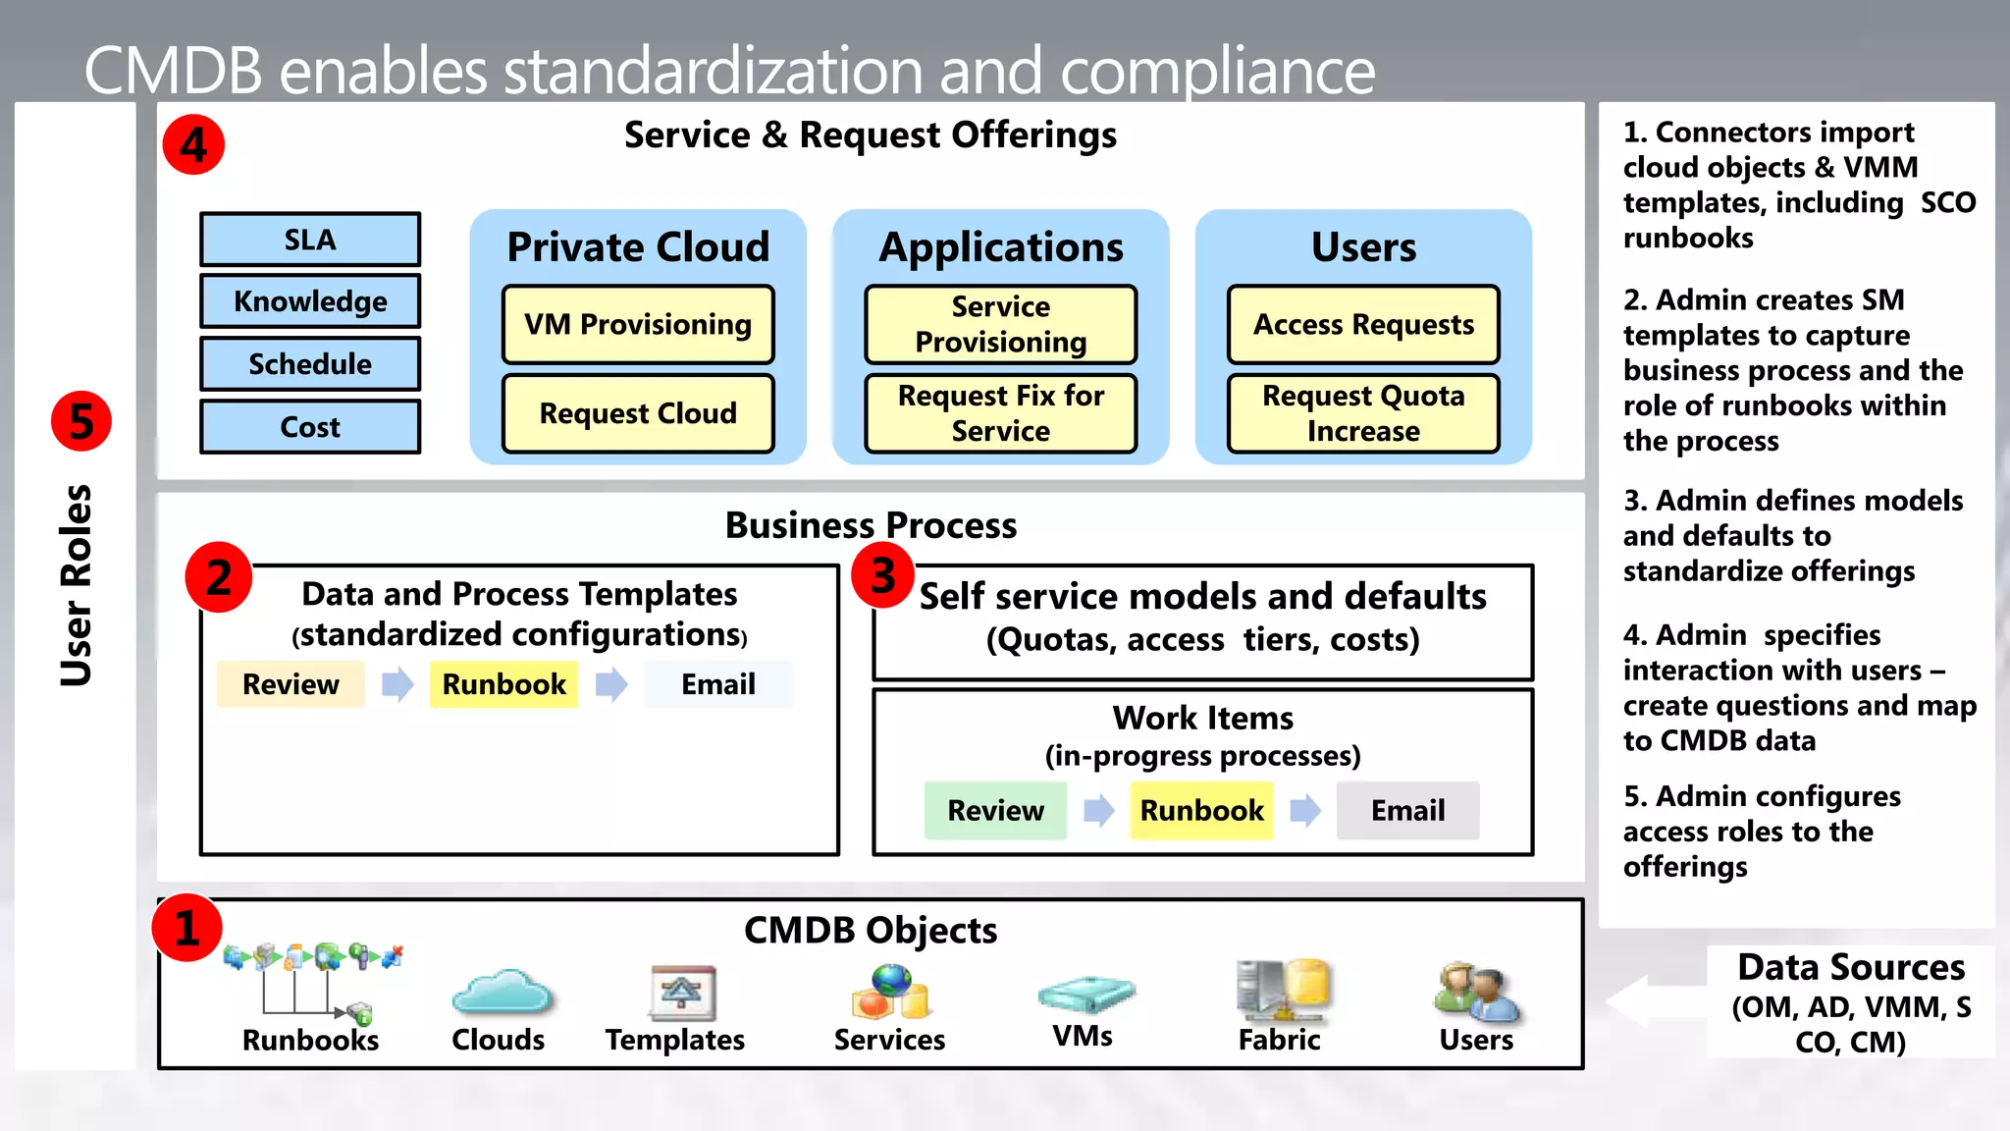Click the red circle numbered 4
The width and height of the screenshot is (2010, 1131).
193,145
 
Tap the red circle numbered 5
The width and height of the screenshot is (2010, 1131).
81,421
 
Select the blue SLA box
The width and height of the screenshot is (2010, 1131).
310,240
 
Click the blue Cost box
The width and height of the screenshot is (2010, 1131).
310,427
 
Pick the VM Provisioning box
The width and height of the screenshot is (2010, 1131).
638,325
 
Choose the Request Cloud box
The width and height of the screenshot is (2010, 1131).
638,413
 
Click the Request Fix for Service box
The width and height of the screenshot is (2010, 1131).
1000,413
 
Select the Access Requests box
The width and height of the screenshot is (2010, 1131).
1363,325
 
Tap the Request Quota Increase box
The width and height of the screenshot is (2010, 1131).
1363,413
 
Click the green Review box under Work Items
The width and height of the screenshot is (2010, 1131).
995,811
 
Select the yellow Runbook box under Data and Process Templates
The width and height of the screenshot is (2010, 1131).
503,684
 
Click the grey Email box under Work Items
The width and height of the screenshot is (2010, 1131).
1407,811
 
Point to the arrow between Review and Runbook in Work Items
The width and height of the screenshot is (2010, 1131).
1098,811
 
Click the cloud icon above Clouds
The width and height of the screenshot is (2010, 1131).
502,993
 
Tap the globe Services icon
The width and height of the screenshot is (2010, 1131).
889,992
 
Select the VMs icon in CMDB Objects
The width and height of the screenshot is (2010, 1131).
1084,994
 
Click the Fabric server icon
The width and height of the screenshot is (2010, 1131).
1281,990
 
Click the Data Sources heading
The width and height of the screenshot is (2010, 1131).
1851,967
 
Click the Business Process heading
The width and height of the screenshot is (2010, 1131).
871,525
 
